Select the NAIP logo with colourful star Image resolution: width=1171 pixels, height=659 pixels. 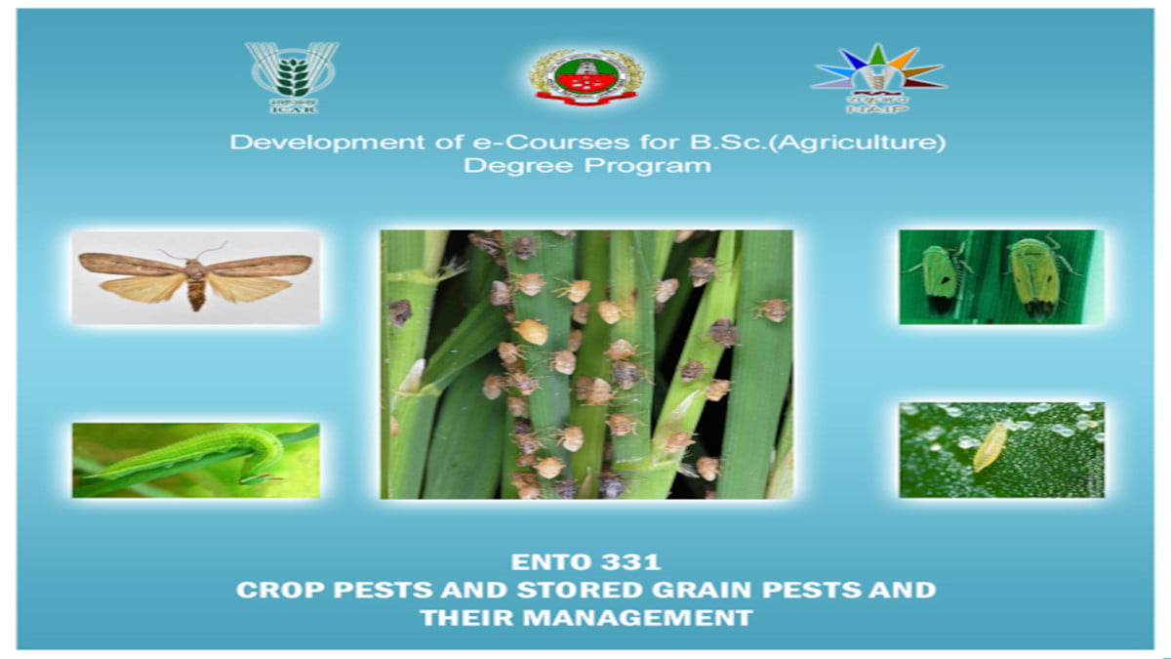(877, 73)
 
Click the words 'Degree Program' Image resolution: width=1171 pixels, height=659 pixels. (586, 166)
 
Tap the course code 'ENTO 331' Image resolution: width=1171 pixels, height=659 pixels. (585, 562)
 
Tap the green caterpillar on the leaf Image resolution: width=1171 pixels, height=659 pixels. (195, 456)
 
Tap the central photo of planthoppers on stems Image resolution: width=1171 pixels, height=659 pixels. (586, 364)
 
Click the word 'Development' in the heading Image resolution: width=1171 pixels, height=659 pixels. (292, 143)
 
